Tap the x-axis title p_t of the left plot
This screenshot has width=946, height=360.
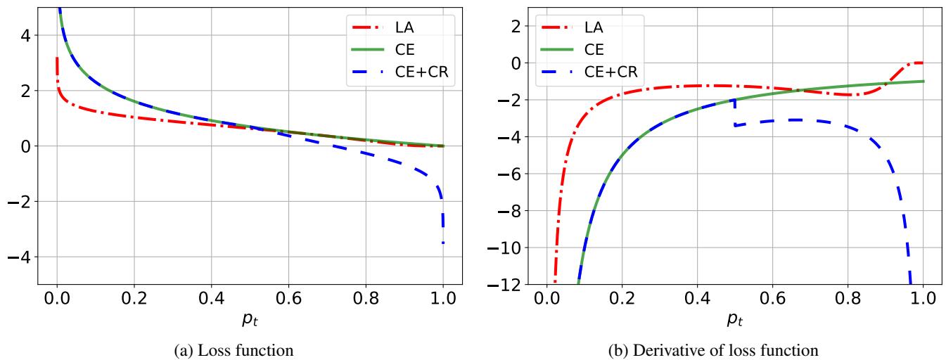[250, 321]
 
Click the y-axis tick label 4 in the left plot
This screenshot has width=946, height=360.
[25, 35]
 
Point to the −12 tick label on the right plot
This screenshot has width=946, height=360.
[503, 285]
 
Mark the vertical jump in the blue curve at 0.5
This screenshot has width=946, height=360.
[734, 112]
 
